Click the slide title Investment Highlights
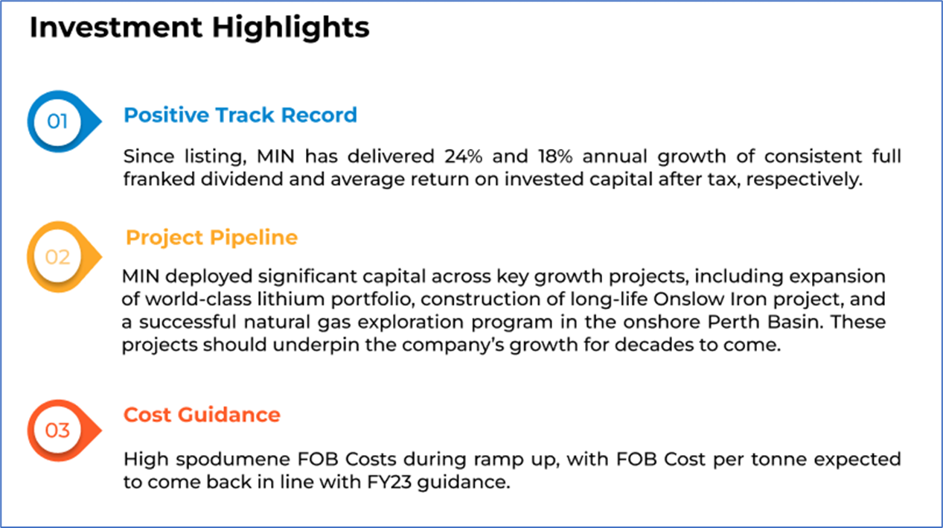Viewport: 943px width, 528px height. pos(199,28)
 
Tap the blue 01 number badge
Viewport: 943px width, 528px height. pos(64,121)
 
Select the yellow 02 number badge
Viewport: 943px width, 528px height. pos(64,257)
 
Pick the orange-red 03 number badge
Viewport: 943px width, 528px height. pos(64,430)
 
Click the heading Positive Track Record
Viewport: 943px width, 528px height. pos(240,115)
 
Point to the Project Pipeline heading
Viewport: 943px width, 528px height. pos(212,238)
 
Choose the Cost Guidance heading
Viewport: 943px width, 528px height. pos(202,415)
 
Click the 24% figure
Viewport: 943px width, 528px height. pos(464,156)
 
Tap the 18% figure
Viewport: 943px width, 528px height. pos(555,156)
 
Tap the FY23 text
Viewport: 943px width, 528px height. pos(389,482)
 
